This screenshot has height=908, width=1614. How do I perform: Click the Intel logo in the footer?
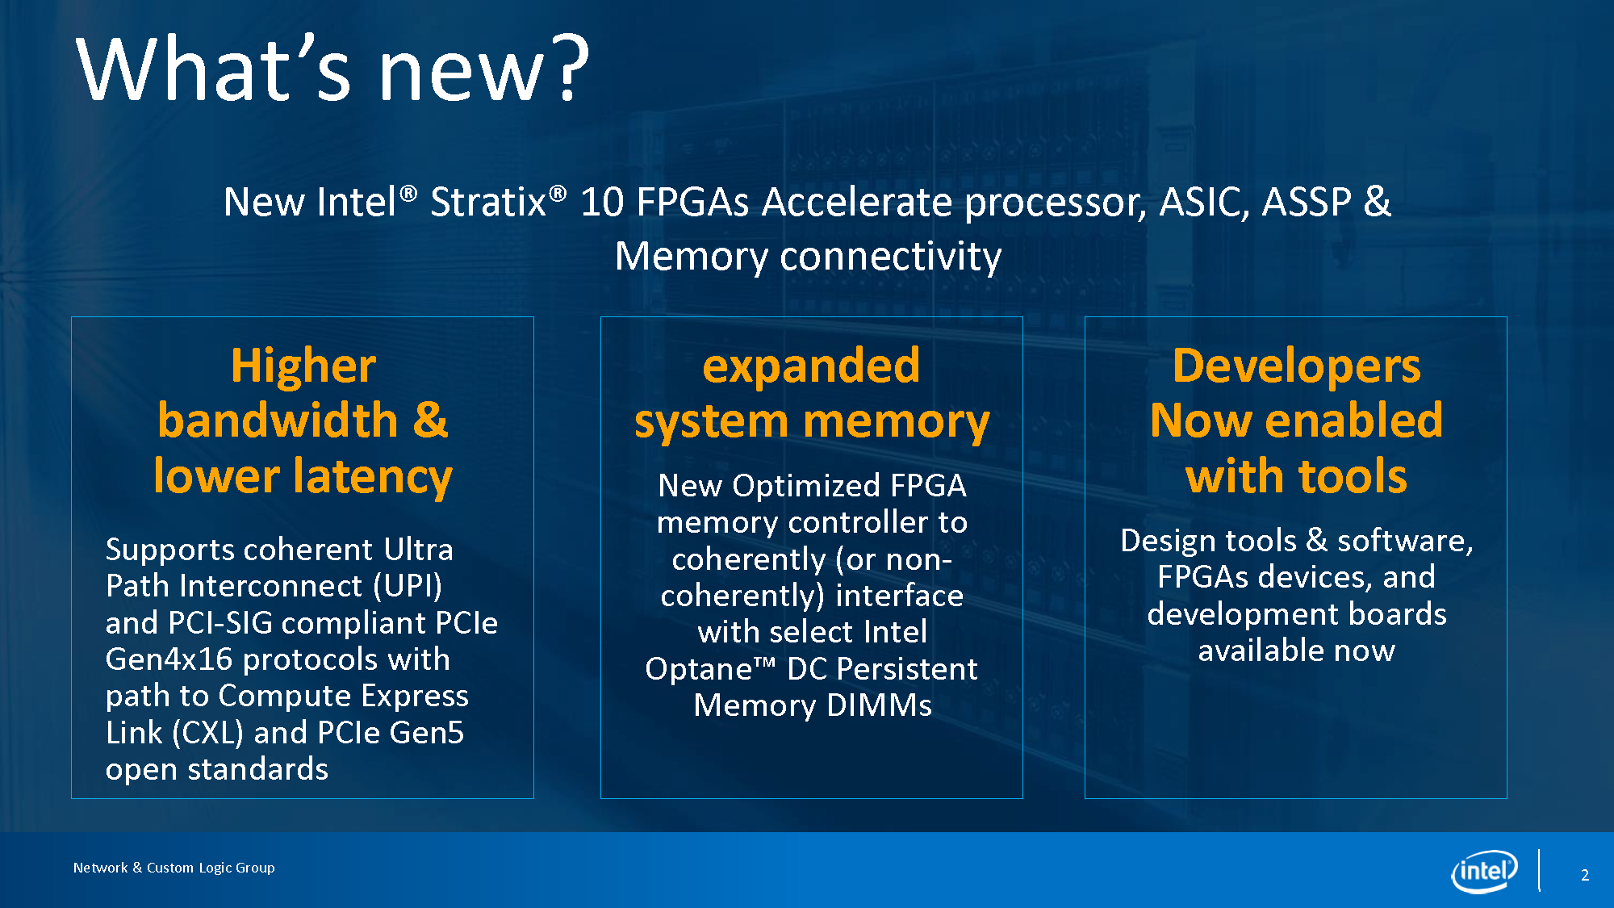click(1484, 872)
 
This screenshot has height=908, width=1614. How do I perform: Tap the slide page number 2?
click(1585, 875)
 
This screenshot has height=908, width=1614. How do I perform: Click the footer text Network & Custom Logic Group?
click(174, 868)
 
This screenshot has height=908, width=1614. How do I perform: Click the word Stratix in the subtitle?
click(488, 202)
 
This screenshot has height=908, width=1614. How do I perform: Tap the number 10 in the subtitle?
click(602, 202)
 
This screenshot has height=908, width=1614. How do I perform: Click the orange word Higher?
click(303, 366)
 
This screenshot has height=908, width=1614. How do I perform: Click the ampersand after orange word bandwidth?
click(430, 421)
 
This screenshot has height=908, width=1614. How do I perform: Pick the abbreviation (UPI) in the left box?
click(408, 586)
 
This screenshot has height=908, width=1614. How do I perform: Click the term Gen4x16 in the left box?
click(169, 659)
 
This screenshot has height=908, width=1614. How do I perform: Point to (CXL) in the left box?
click(208, 733)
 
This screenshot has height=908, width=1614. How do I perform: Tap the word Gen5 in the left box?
click(426, 733)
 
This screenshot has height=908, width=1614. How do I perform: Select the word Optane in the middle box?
click(699, 669)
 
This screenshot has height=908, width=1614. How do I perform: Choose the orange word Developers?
click(1296, 366)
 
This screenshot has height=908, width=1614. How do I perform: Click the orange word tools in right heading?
click(1353, 475)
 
